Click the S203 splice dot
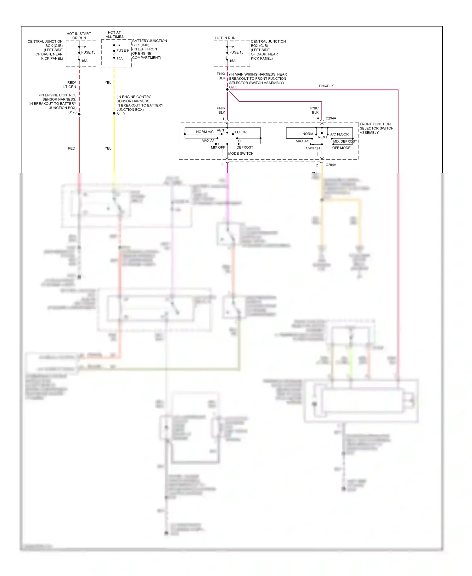pos(227,89)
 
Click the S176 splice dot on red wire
pos(79,114)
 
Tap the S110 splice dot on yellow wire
pos(114,113)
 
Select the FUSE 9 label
pos(122,50)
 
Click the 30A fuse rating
pos(120,59)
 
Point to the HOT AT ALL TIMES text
pos(114,35)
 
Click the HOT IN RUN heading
pos(225,38)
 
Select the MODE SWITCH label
pos(241,153)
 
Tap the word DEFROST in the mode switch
pos(245,147)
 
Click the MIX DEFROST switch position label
pos(345,141)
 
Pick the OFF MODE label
pos(341,148)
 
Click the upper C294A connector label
pos(331,118)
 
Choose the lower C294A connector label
pos(331,165)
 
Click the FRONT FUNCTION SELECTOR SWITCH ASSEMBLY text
pos(376,128)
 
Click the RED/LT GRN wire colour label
pos(70,84)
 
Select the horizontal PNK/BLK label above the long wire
pos(326,86)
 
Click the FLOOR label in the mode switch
pos(240,132)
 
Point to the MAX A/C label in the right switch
pos(303,141)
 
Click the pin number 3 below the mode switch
pos(222,164)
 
